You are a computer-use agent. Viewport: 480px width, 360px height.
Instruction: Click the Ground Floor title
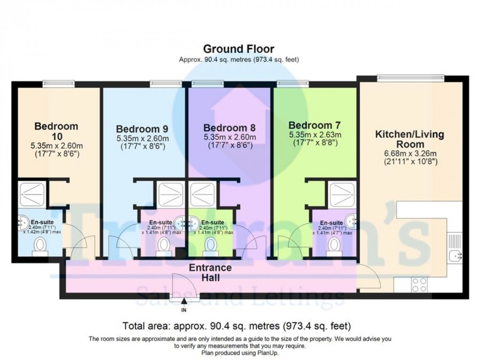(x=239, y=49)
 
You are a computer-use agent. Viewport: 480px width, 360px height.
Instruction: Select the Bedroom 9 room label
(x=142, y=128)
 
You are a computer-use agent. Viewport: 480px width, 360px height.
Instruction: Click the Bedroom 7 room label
(x=314, y=126)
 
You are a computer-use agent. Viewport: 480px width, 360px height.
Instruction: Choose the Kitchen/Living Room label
(x=409, y=140)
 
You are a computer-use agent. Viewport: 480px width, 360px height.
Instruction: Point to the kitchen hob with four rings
(x=420, y=283)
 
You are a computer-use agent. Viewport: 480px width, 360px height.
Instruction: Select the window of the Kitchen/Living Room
(x=411, y=77)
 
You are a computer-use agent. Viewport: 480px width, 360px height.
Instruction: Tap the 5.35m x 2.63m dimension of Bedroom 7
(x=314, y=135)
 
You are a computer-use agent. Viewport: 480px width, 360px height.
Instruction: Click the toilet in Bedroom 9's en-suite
(x=163, y=245)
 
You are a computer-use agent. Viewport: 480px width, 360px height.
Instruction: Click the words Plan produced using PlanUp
(x=240, y=353)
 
